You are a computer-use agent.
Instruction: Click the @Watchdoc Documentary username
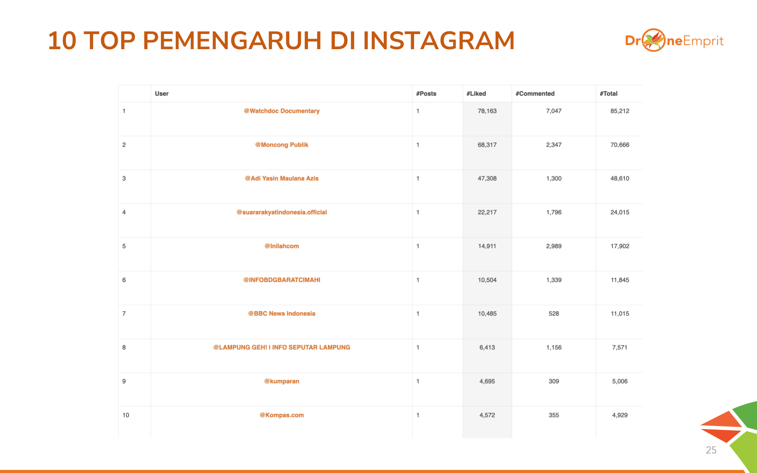[282, 111]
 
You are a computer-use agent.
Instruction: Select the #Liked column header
[476, 93]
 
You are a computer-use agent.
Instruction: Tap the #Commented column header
[535, 93]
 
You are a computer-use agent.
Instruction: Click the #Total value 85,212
[620, 111]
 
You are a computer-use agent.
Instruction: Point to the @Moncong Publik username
[282, 145]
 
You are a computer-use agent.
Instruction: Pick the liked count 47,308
[487, 178]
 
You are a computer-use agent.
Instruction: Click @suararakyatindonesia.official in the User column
[282, 212]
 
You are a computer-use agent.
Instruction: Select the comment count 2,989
[553, 246]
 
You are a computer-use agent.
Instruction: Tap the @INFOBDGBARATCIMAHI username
[282, 280]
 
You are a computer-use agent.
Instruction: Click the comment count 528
[553, 313]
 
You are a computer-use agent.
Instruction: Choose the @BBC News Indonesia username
[282, 313]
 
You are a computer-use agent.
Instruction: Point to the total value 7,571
[620, 347]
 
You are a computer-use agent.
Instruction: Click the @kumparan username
[282, 381]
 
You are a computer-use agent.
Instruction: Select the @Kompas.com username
[282, 415]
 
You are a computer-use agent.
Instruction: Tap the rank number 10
[126, 415]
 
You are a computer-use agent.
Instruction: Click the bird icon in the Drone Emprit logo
[654, 40]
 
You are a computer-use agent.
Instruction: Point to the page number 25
[711, 450]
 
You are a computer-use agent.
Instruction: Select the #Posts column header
[426, 93]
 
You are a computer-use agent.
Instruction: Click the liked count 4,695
[487, 381]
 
